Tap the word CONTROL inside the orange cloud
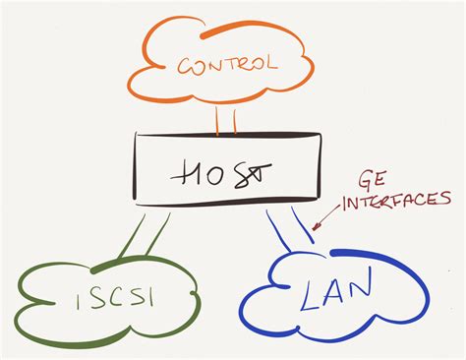[x=226, y=67]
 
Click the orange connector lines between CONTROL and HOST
[x=226, y=120]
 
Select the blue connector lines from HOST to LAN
[x=290, y=230]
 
